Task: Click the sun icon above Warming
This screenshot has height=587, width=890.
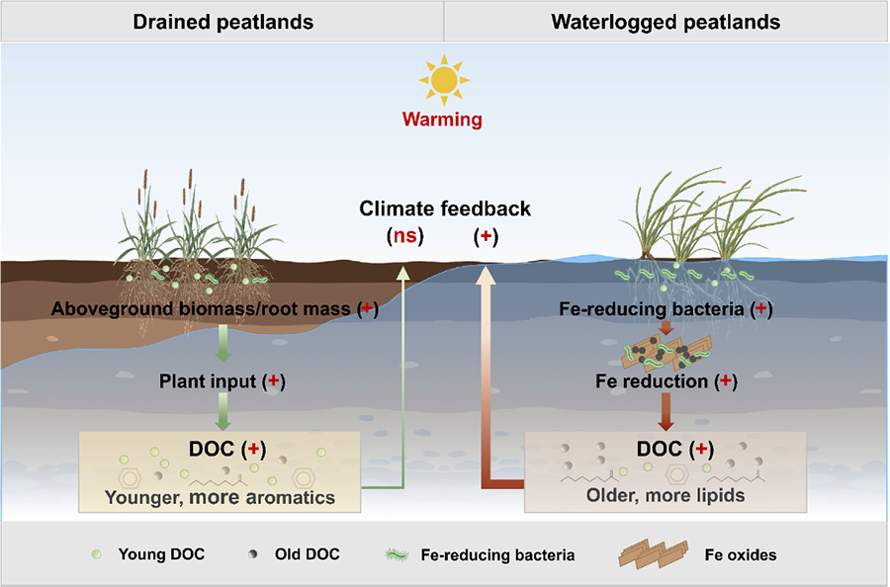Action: [444, 80]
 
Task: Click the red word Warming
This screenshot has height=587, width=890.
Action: [442, 120]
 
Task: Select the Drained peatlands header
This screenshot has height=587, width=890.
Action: [223, 22]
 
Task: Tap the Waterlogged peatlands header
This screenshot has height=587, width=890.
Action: [666, 22]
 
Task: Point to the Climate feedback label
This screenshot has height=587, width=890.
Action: [445, 209]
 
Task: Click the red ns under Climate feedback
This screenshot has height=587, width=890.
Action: [404, 235]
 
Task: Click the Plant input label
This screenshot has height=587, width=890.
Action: [208, 381]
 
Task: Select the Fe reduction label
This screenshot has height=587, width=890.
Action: [652, 381]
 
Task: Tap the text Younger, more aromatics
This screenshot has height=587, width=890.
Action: [220, 497]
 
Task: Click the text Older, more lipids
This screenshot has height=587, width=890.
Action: [666, 495]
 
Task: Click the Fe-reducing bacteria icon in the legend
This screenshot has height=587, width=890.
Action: [397, 554]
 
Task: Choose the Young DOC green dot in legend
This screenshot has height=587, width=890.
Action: [97, 554]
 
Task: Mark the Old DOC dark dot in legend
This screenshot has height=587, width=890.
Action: [252, 554]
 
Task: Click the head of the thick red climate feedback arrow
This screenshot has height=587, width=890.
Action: [487, 275]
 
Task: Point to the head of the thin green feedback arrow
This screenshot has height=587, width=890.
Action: [402, 274]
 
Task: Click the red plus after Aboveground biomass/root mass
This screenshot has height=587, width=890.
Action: [367, 308]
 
